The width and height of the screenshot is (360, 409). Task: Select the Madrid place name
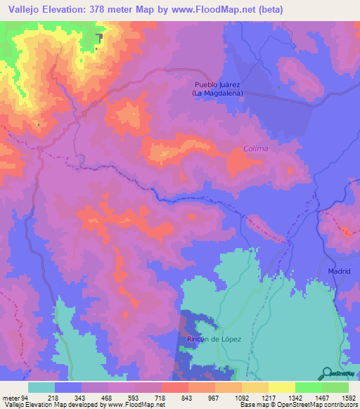point(339,271)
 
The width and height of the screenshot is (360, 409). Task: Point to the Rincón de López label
point(214,339)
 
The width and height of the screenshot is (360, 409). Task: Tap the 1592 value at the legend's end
point(347,398)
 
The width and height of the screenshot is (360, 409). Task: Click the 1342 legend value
point(295,398)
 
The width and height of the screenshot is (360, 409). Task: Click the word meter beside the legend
point(9,398)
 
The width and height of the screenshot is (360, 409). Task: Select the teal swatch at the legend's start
point(41,387)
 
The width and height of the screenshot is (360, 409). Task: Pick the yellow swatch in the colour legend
point(281,387)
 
